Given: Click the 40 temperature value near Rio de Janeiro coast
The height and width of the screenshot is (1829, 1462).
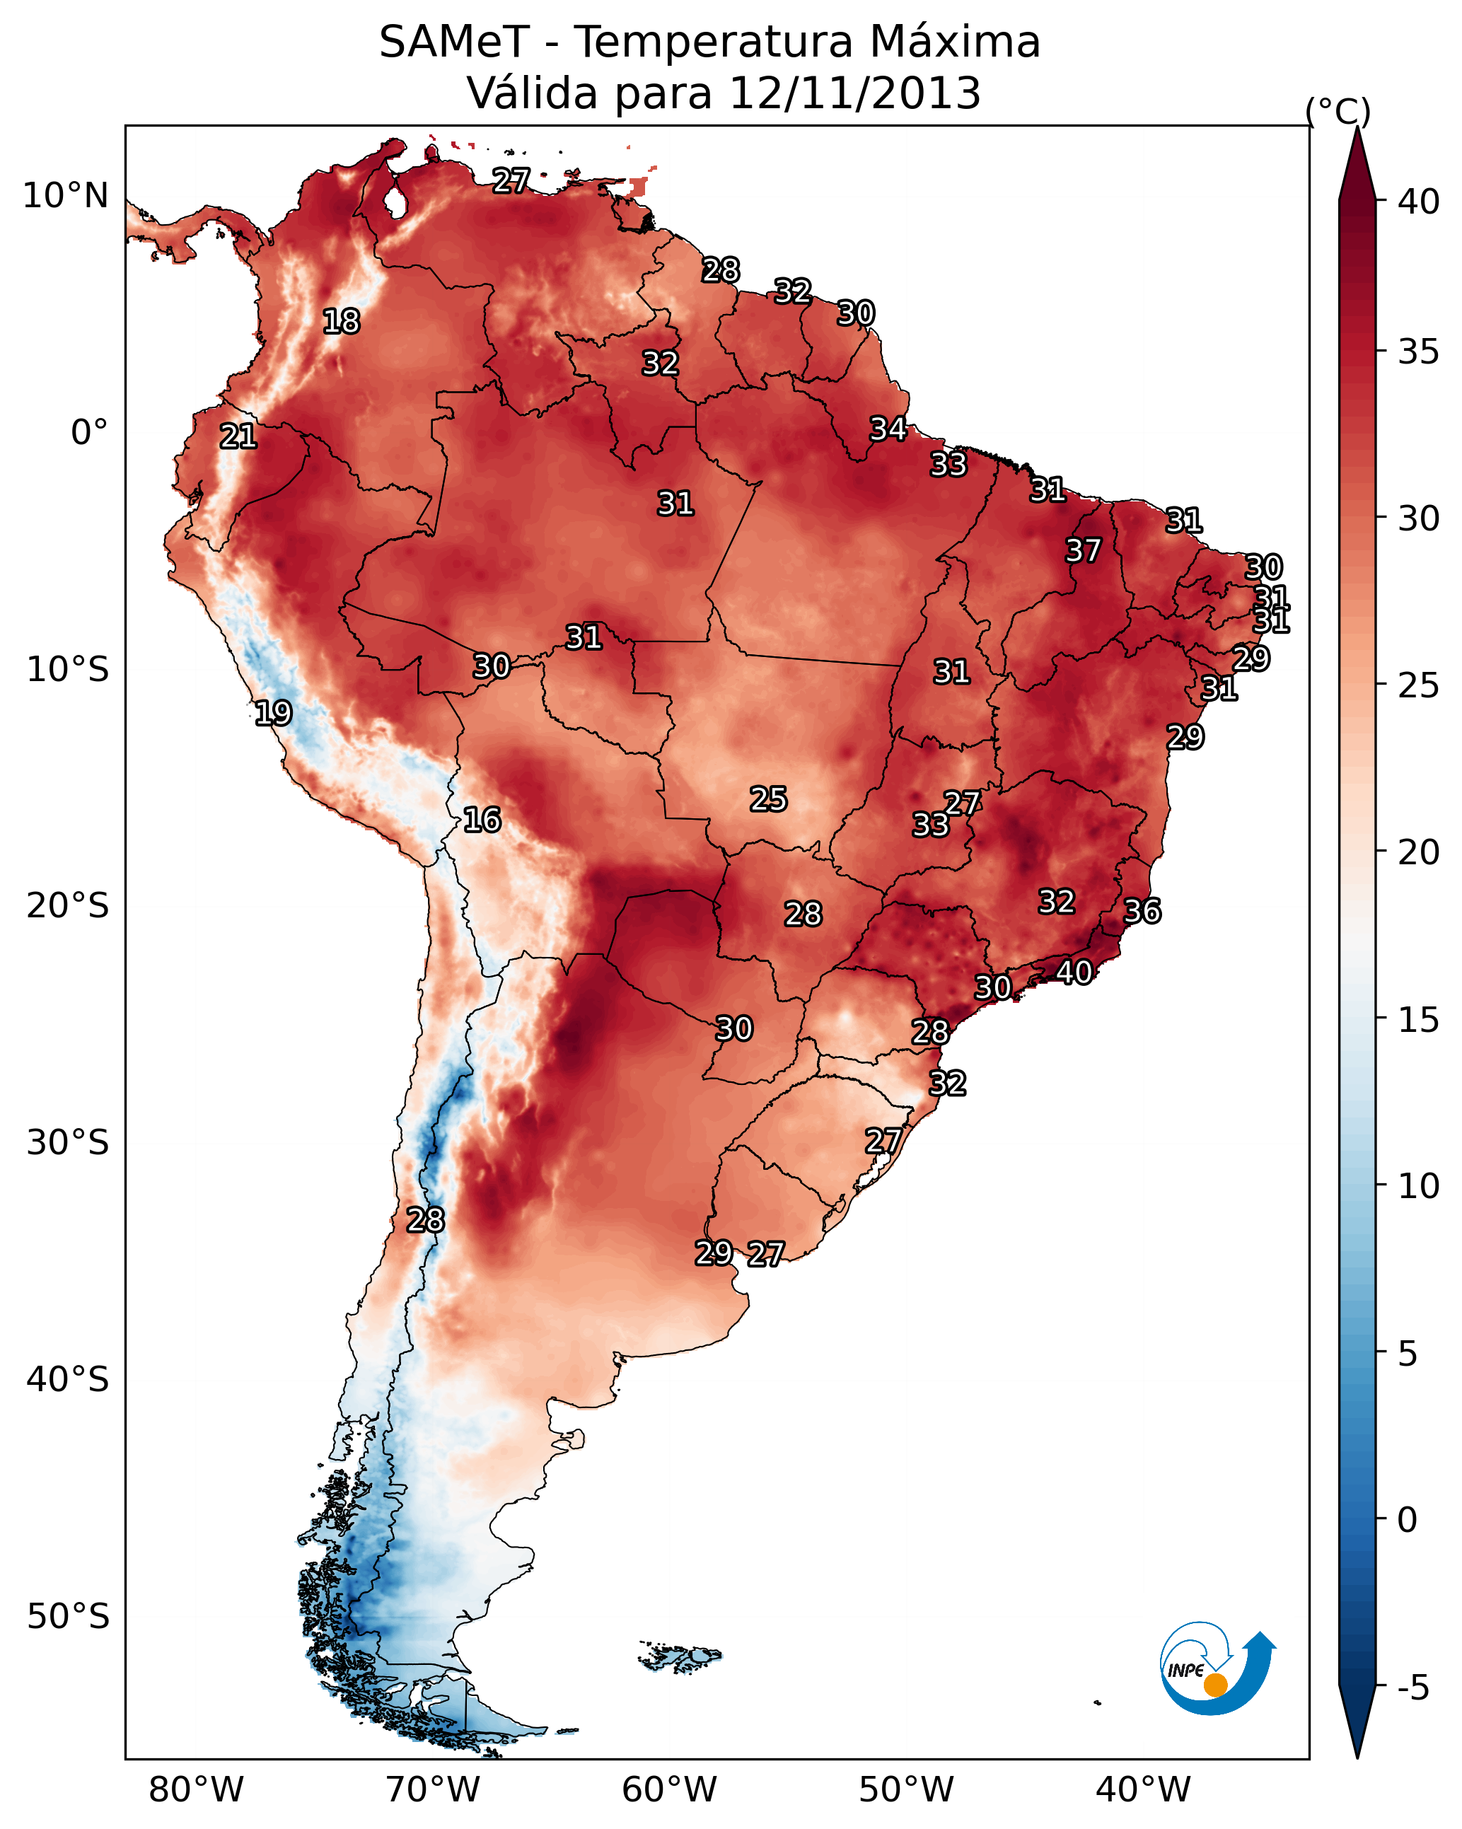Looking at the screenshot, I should pyautogui.click(x=1074, y=972).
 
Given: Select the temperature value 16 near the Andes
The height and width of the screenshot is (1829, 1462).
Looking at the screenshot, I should pyautogui.click(x=482, y=820).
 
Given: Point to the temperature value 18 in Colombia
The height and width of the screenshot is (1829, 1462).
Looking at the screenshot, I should pyautogui.click(x=341, y=322).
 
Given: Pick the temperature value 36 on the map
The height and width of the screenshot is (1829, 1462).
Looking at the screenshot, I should pyautogui.click(x=1142, y=911).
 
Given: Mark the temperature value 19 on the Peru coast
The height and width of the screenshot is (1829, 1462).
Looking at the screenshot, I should pyautogui.click(x=273, y=713).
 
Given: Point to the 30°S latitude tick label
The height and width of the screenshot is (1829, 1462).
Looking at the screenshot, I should pyautogui.click(x=68, y=1143).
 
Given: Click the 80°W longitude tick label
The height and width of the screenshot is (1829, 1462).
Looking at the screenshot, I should pyautogui.click(x=196, y=1789).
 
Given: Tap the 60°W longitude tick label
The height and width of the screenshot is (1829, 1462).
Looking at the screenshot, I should pyautogui.click(x=670, y=1789).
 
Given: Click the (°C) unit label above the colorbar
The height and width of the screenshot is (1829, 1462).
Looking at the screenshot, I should pyautogui.click(x=1338, y=111).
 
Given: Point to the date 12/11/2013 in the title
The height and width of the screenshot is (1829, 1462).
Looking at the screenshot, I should pyautogui.click(x=854, y=93).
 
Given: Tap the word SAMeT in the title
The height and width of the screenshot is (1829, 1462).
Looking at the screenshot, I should pyautogui.click(x=454, y=42).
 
